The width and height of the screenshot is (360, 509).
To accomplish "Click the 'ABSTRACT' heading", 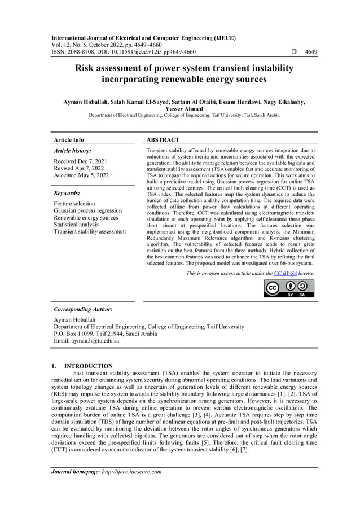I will [163, 139].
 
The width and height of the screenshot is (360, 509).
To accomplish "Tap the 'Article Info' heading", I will [69, 139].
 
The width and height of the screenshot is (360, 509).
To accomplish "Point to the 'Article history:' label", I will [72, 151].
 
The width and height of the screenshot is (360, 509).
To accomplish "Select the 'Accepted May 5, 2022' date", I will [81, 175].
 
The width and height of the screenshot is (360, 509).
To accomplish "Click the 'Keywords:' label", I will [67, 193].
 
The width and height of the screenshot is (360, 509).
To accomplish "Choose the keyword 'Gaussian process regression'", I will [87, 210].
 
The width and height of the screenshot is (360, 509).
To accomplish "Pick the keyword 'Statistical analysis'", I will [76, 225].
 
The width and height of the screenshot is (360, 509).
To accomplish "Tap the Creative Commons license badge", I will [289, 288].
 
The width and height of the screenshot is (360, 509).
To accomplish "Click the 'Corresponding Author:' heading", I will [82, 310].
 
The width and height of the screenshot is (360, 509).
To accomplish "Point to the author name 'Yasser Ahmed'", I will [179, 109].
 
